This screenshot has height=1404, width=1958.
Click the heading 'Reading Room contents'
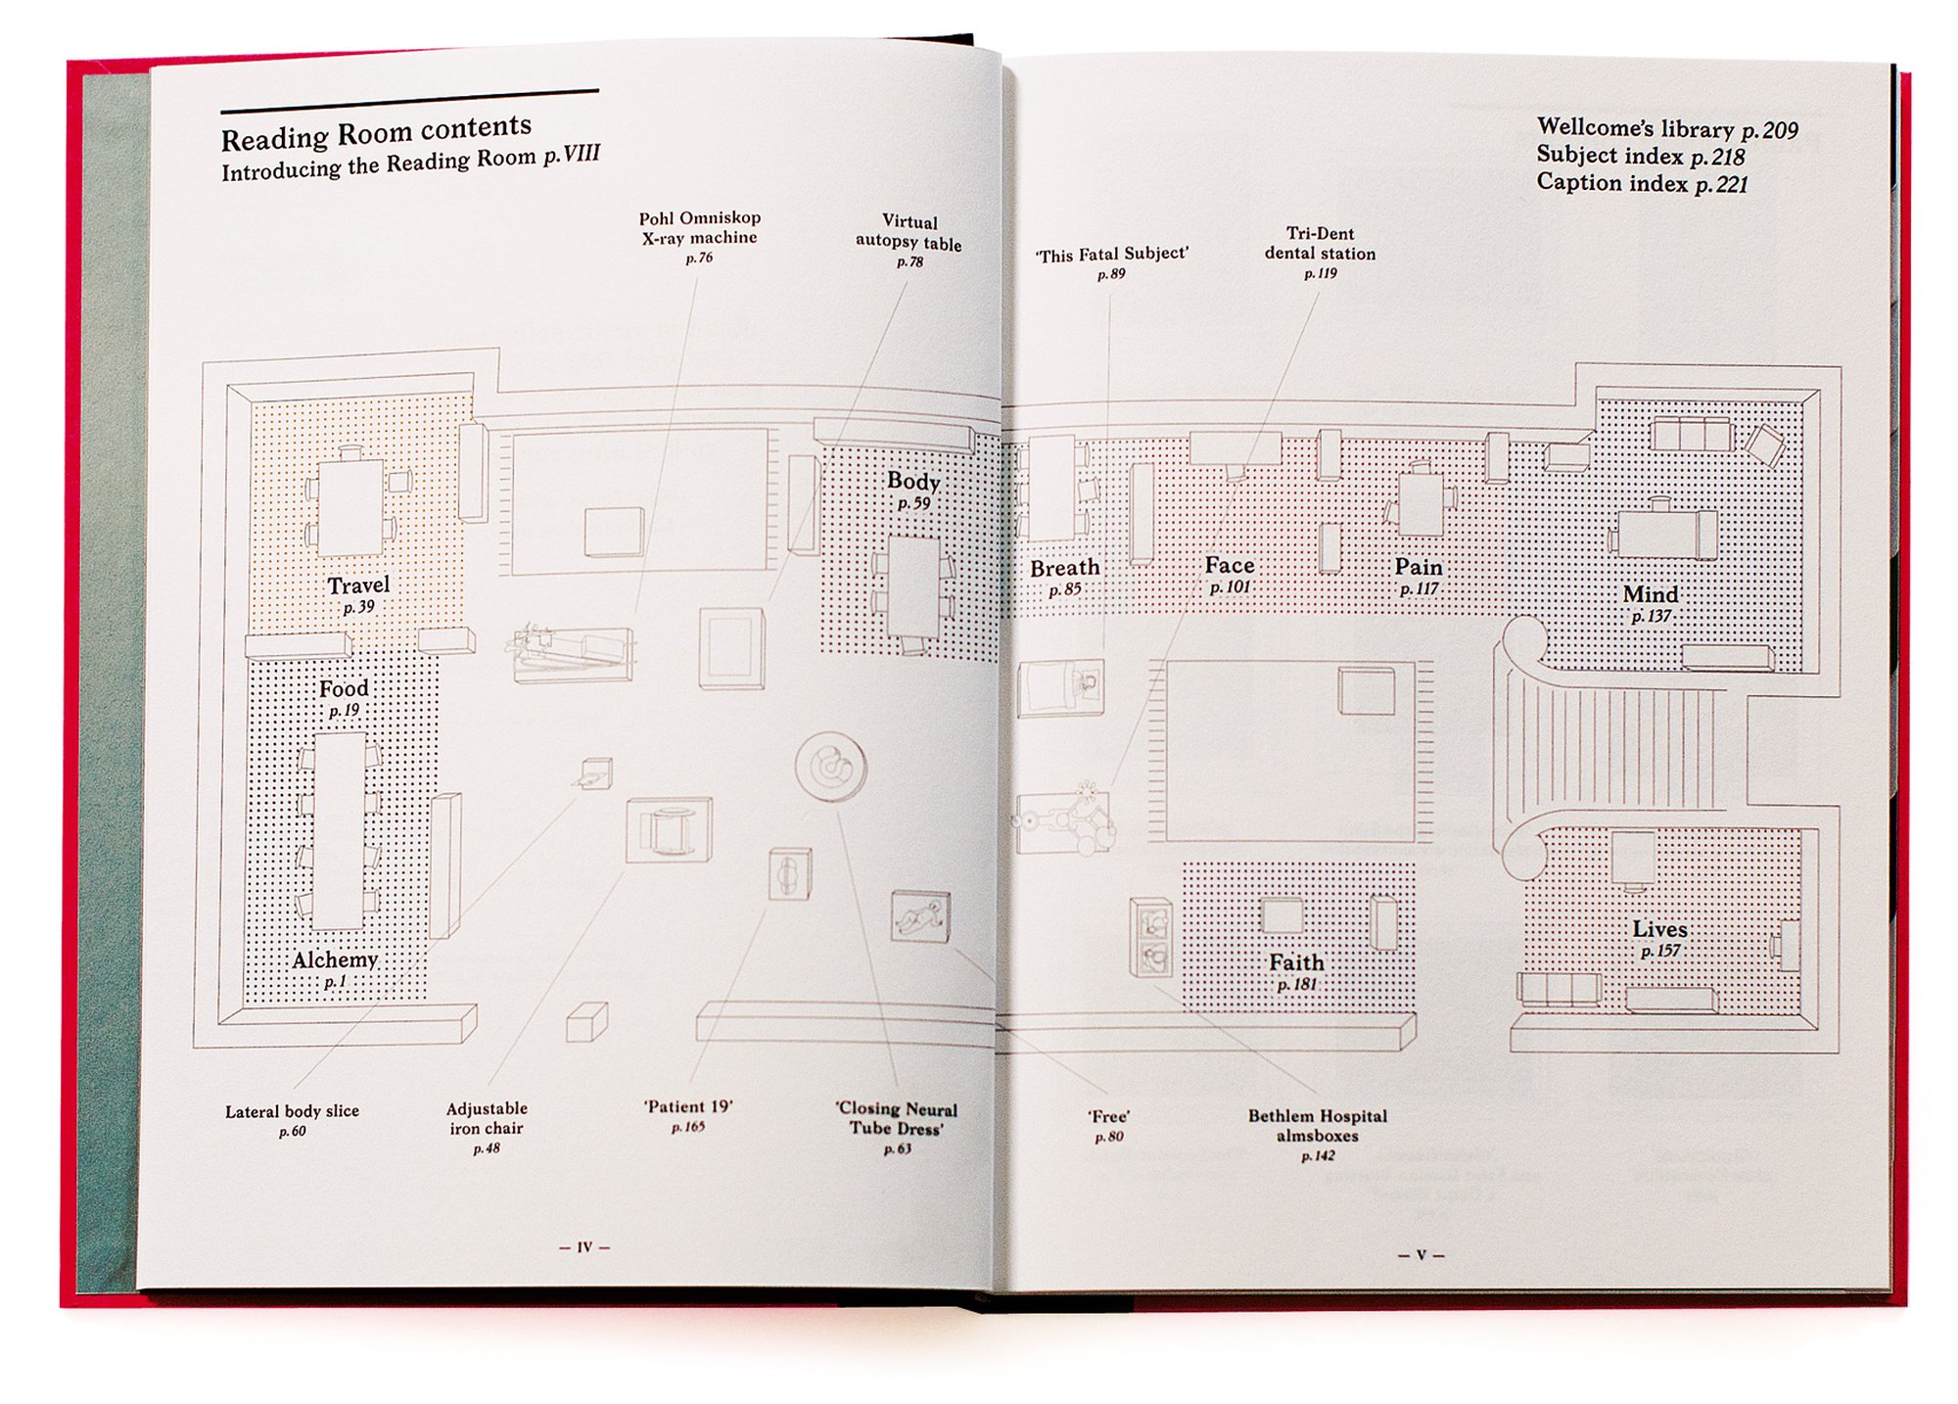pyautogui.click(x=376, y=132)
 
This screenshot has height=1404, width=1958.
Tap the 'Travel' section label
pyautogui.click(x=358, y=585)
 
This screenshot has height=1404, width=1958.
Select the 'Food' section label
pyautogui.click(x=344, y=688)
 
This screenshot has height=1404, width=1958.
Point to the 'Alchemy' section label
pyautogui.click(x=335, y=959)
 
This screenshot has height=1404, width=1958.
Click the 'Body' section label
pyautogui.click(x=913, y=481)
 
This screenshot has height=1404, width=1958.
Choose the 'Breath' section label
pyautogui.click(x=1065, y=568)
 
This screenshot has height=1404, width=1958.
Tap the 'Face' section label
pyautogui.click(x=1230, y=565)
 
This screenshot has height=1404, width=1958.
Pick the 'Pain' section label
pyautogui.click(x=1419, y=567)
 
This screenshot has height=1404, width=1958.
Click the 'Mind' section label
pyautogui.click(x=1651, y=594)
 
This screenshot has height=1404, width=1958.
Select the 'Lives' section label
pyautogui.click(x=1659, y=929)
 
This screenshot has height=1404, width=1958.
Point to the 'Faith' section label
pyautogui.click(x=1296, y=962)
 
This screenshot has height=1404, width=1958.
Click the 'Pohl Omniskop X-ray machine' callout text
pyautogui.click(x=699, y=228)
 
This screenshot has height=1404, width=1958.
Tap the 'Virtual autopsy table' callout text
pyautogui.click(x=909, y=232)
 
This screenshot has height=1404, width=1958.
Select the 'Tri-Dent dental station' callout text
pyautogui.click(x=1320, y=243)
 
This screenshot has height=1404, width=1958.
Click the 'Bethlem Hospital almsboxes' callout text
pyautogui.click(x=1318, y=1125)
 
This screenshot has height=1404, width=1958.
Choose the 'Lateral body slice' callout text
pyautogui.click(x=292, y=1111)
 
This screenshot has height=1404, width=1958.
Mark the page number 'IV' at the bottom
pyautogui.click(x=584, y=1247)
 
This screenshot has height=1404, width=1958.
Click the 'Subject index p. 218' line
pyautogui.click(x=1640, y=156)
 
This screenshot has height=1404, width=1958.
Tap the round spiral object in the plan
pyautogui.click(x=830, y=767)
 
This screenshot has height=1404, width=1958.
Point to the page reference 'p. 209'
pyautogui.click(x=1770, y=130)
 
